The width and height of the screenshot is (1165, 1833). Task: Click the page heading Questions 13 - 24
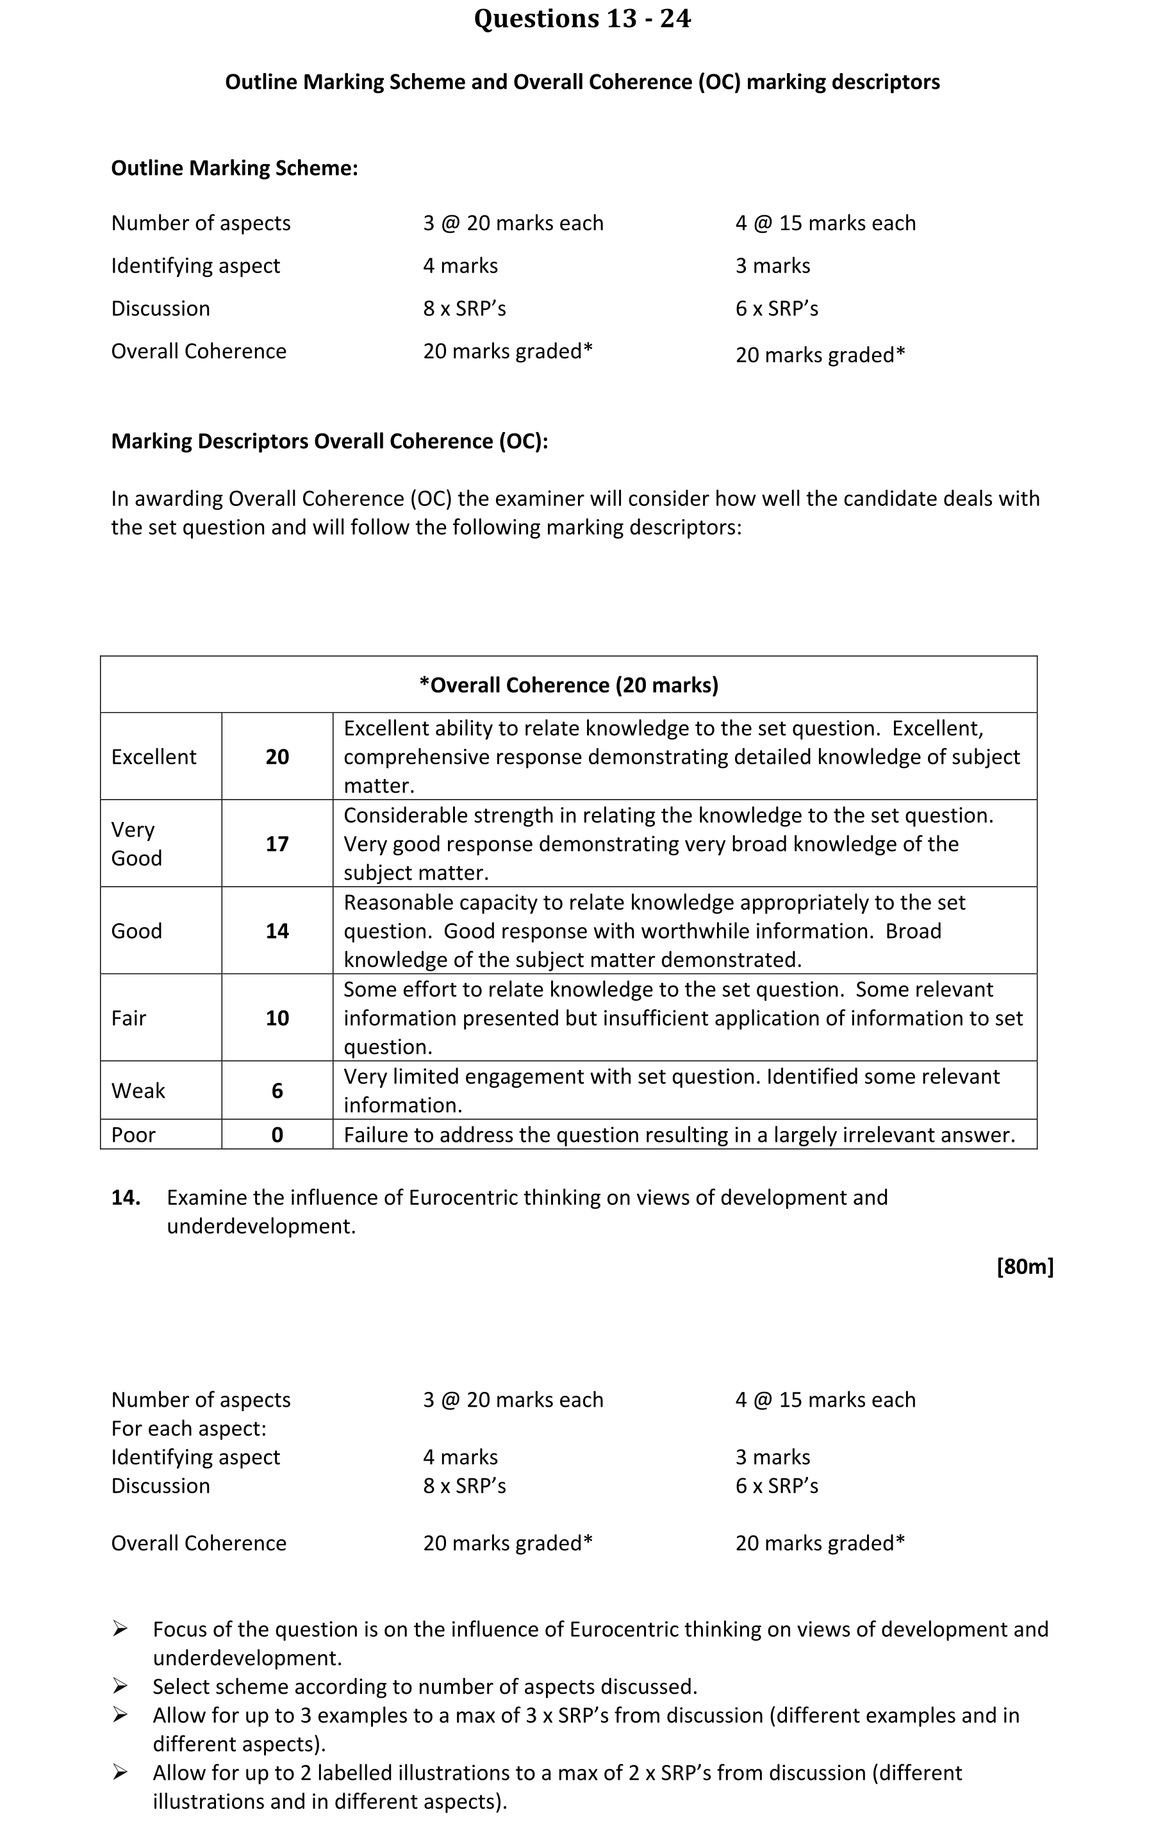[582, 18]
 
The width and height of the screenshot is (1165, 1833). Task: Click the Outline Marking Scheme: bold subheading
[235, 167]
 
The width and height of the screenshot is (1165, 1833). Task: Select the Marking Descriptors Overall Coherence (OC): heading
[329, 442]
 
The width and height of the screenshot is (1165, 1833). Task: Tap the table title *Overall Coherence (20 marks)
[568, 685]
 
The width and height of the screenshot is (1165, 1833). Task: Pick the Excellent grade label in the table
[154, 757]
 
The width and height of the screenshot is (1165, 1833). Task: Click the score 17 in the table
[277, 844]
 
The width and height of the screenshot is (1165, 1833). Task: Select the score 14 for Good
[277, 931]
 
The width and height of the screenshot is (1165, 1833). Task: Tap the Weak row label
[138, 1091]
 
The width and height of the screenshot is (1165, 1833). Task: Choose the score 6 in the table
[277, 1091]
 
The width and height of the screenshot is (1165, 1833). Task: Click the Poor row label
[133, 1135]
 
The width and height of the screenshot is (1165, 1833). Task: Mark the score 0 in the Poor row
[277, 1135]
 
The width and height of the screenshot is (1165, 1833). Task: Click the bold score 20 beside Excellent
[277, 757]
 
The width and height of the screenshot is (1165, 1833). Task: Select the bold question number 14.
[126, 1198]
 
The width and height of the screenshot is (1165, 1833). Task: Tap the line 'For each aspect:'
[188, 1429]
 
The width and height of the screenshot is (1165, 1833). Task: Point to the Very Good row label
[136, 844]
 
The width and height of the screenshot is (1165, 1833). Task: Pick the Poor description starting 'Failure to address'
[679, 1135]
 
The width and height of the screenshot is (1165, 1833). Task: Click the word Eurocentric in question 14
[463, 1198]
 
